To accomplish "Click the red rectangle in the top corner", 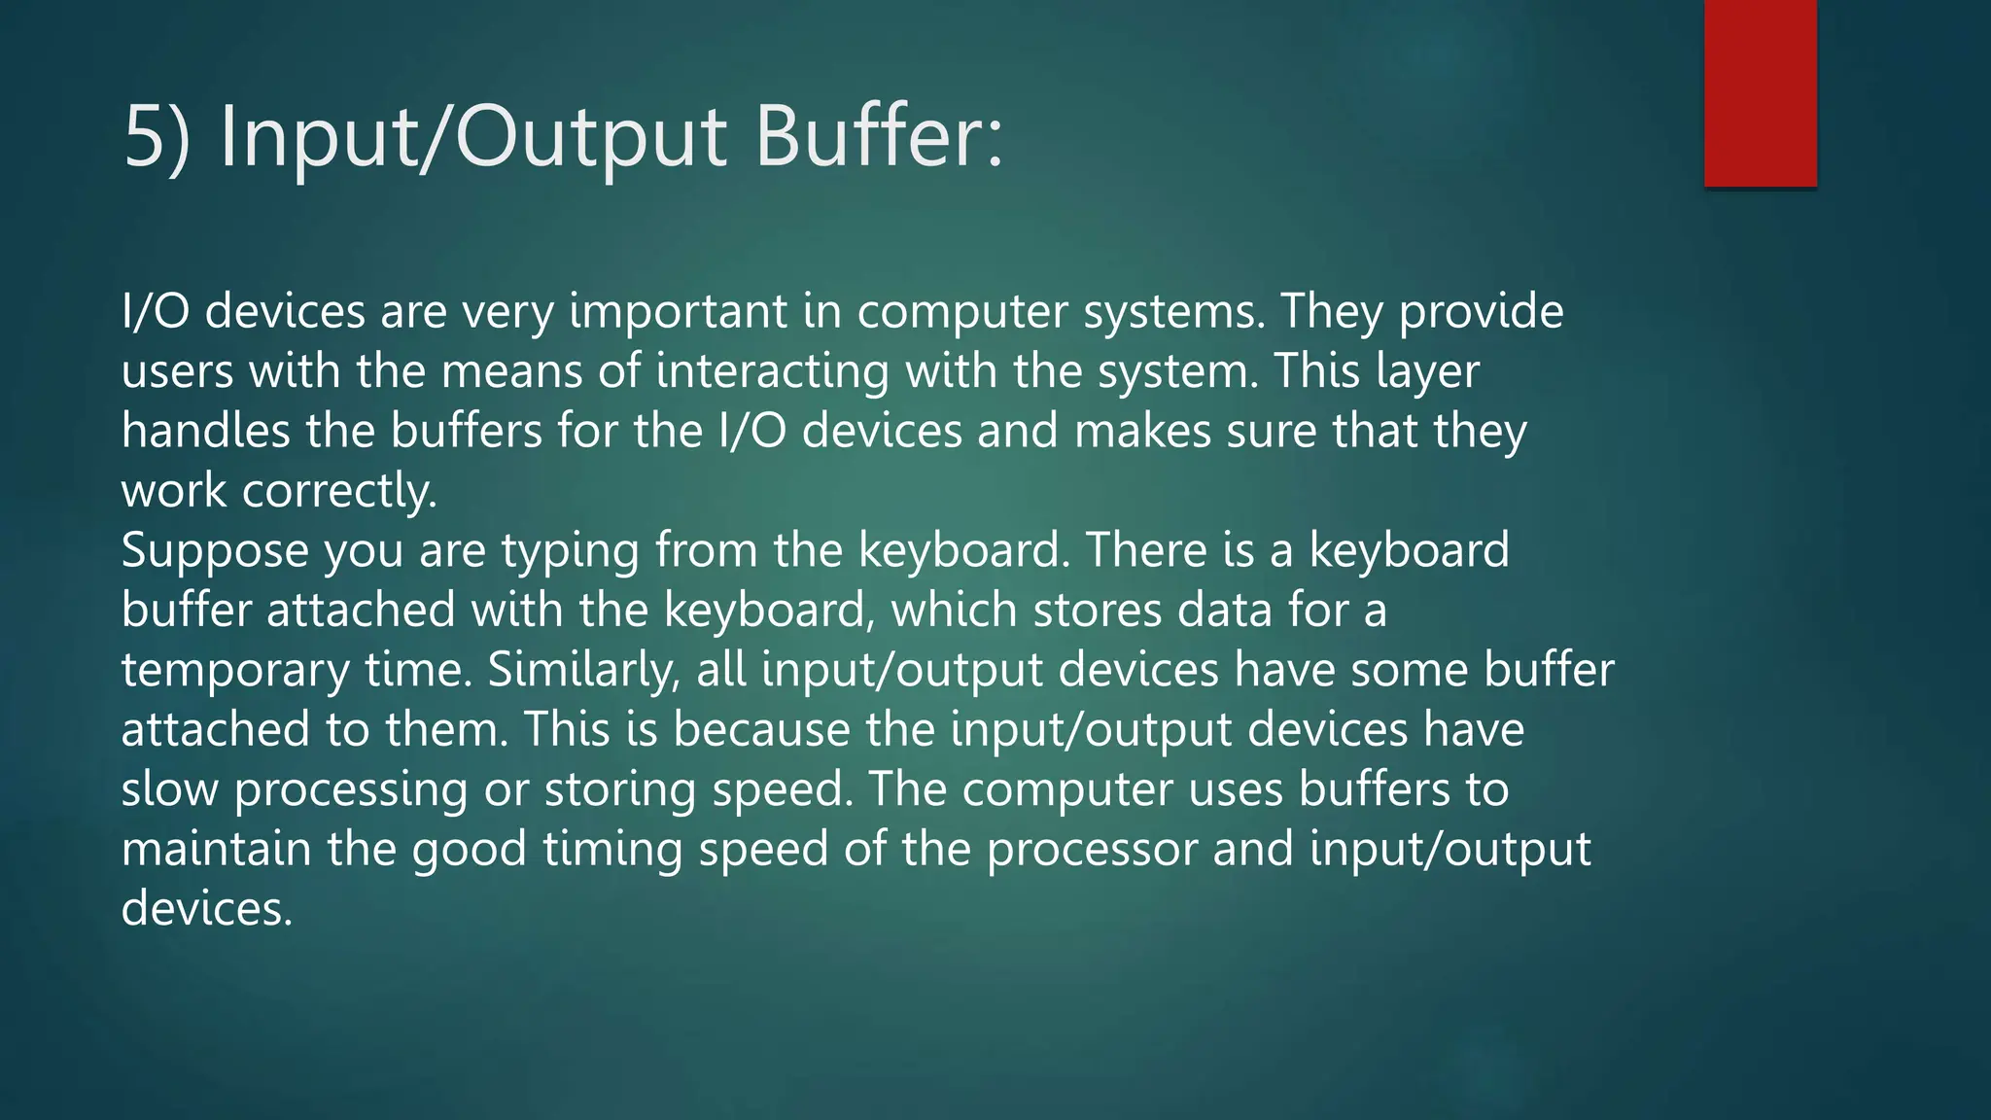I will [x=1760, y=93].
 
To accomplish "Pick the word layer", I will [x=1427, y=372].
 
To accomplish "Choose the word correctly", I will [x=339, y=491].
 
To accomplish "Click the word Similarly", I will [x=584, y=670].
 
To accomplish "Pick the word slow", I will [x=169, y=788].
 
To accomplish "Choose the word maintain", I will [x=216, y=849].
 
